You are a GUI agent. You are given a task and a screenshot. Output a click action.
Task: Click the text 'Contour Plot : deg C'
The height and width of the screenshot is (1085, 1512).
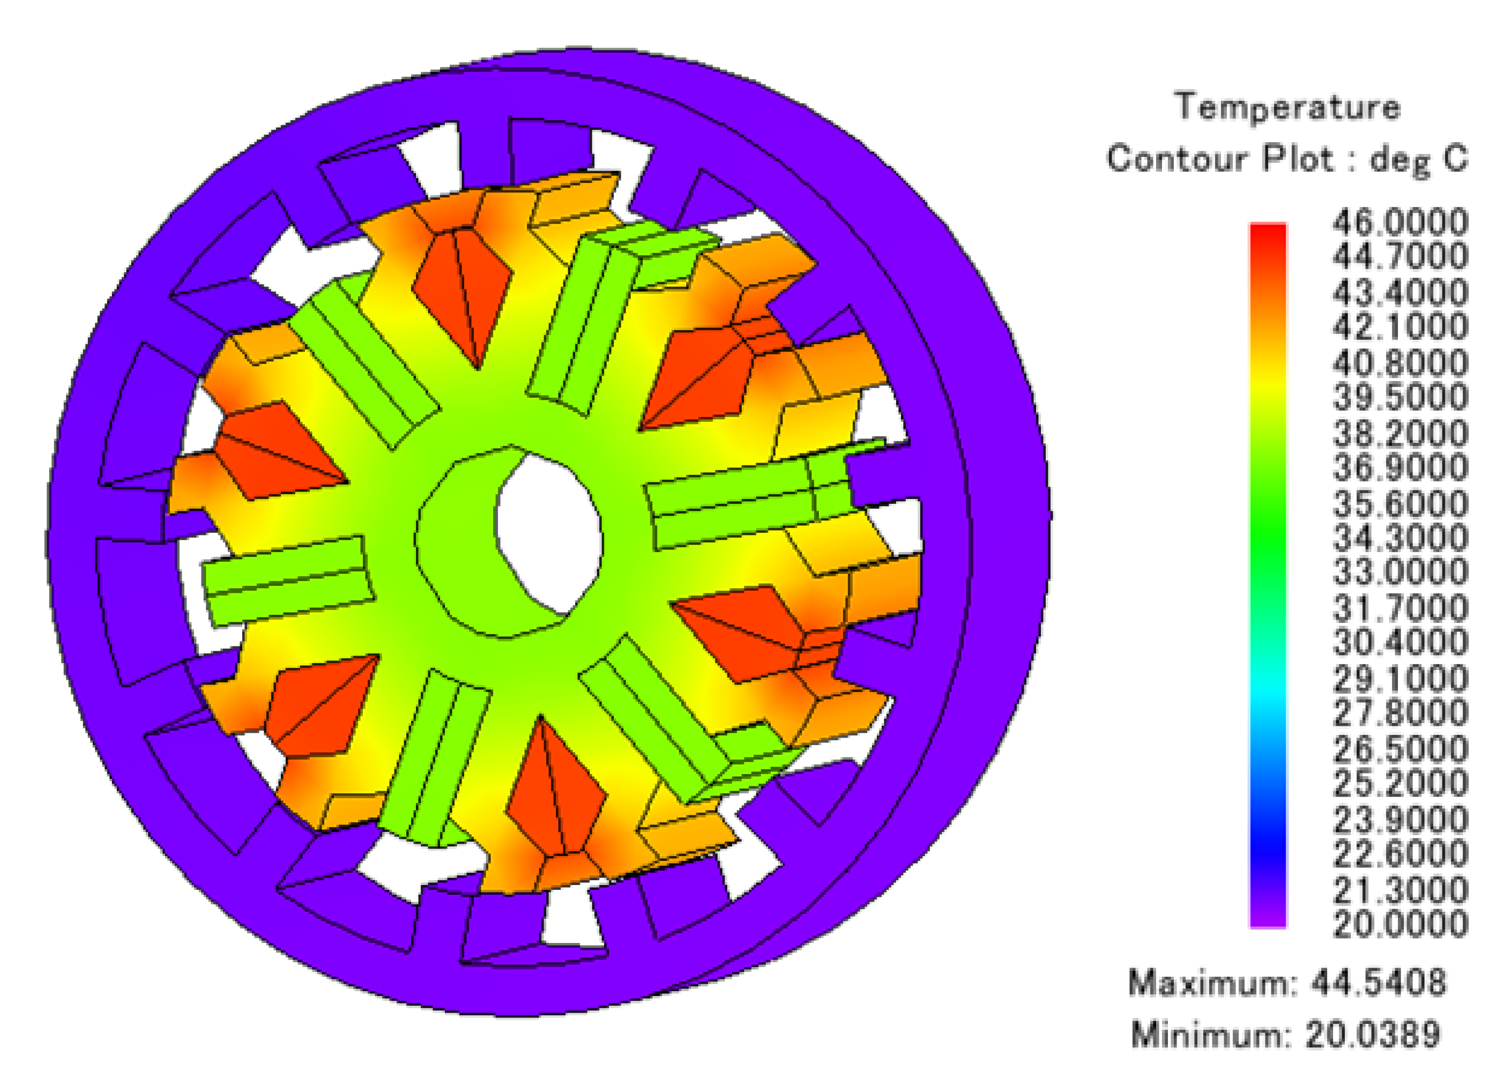click(1287, 159)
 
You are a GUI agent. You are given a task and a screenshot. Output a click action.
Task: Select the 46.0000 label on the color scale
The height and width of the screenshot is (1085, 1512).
click(1400, 222)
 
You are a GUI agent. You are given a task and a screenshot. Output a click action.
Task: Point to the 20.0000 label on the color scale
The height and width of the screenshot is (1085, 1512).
click(1400, 924)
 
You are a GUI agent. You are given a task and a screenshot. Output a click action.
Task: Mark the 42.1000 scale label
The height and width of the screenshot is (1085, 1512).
click(1400, 328)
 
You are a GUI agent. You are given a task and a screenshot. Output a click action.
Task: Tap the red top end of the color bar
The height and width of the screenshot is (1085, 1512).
click(1268, 233)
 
